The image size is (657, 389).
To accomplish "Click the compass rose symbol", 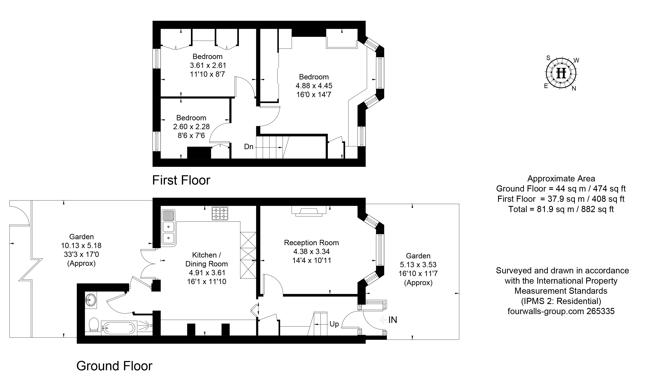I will (561, 73).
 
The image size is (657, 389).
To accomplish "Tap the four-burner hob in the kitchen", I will (220, 213).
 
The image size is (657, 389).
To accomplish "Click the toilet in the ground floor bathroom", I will (94, 325).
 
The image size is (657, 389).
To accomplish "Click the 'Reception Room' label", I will (311, 243).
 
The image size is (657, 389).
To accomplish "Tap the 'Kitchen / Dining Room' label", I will (207, 259).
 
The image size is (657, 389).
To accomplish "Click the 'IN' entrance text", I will (393, 320).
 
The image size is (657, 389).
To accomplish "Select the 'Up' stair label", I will (334, 324).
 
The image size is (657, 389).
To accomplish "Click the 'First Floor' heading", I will (181, 180).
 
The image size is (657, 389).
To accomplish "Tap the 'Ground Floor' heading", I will (114, 366).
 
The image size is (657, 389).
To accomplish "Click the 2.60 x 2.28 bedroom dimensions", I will (191, 127).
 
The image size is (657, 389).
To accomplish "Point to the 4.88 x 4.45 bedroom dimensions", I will (314, 86).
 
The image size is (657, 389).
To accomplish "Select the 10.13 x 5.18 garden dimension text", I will (81, 246).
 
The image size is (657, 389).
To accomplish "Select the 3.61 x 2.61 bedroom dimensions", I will (208, 65).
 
